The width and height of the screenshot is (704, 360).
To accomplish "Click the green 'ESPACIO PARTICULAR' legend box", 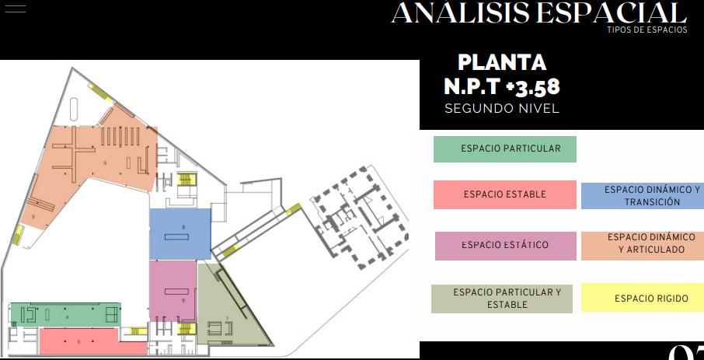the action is (505, 149).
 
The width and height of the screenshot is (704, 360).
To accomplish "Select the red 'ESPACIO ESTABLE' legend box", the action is (505, 194).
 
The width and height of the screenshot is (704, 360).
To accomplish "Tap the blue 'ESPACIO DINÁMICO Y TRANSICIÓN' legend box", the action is (642, 196).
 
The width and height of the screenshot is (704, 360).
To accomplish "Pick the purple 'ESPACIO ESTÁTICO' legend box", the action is (505, 246).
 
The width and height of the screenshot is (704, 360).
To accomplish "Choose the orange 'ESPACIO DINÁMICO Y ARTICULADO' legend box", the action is (642, 244).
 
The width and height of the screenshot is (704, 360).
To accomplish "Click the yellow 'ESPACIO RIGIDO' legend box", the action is (642, 299).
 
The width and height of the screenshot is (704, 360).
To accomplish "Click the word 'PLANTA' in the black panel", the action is (502, 62).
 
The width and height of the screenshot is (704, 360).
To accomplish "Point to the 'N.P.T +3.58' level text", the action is (502, 86).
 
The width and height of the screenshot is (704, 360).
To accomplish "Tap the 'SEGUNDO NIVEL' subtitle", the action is (502, 109).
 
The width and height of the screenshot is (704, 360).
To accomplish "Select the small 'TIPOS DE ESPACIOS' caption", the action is (647, 30).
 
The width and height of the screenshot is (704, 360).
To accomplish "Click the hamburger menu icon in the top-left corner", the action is (15, 9).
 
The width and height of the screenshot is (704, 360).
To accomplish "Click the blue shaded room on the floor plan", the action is (180, 234).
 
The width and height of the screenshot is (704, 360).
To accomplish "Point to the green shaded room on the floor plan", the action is (65, 314).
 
